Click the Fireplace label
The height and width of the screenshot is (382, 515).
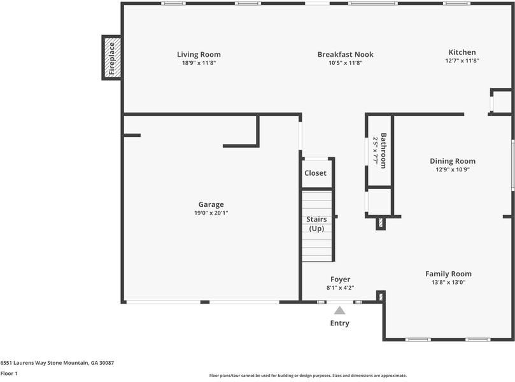click(111, 58)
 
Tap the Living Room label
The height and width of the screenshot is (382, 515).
click(199, 54)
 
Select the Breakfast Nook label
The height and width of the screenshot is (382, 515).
click(345, 54)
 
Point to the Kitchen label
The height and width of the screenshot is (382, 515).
click(462, 52)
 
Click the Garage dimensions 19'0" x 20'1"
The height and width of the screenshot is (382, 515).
click(211, 213)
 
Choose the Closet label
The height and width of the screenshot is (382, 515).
click(315, 173)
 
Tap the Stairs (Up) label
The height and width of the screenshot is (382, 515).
click(316, 223)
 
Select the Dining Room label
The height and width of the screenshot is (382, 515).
click(452, 161)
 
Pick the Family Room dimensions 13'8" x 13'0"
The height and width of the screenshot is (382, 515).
click(448, 282)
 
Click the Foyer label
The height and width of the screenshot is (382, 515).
click(340, 279)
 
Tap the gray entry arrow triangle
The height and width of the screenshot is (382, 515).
click(340, 310)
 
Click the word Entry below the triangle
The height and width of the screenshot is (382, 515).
click(339, 323)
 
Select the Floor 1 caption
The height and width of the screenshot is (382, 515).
click(9, 374)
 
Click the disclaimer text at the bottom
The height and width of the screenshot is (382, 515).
click(307, 376)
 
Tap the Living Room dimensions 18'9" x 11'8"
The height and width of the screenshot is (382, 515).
click(199, 63)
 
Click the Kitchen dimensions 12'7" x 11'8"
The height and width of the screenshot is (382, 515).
click(462, 61)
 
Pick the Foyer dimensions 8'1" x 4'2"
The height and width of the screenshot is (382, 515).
click(340, 288)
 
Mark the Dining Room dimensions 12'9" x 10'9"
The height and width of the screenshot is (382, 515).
click(452, 170)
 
